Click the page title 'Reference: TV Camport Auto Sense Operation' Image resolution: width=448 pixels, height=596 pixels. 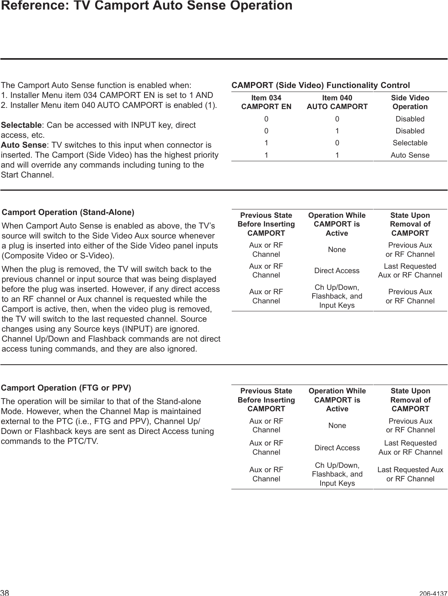[x=146, y=6]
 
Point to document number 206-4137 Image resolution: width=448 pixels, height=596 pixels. [x=433, y=593]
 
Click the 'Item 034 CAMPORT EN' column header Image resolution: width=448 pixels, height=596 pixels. [x=266, y=102]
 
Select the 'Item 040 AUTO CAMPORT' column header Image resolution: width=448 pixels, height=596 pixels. [x=337, y=102]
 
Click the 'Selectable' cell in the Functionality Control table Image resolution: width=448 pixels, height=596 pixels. [x=410, y=143]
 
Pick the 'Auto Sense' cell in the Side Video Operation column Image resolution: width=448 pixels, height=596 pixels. [x=410, y=155]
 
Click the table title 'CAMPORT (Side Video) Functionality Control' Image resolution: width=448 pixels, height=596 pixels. [x=321, y=86]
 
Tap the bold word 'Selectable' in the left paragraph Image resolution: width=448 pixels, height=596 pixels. [x=21, y=125]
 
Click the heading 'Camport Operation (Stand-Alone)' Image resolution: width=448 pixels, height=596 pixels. [x=68, y=212]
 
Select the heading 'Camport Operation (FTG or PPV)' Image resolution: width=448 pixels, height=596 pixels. [x=67, y=388]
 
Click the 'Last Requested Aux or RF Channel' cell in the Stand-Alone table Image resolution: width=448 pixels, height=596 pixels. [x=410, y=271]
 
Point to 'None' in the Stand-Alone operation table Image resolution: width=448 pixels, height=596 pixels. [x=337, y=250]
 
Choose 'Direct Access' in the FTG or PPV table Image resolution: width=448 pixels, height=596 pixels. [x=337, y=448]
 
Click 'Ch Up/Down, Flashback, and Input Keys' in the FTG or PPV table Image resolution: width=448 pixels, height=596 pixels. [x=337, y=474]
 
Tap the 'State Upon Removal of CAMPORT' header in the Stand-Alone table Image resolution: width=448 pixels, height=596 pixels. [x=410, y=224]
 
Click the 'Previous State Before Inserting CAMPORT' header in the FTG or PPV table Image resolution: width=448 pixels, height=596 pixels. [x=266, y=400]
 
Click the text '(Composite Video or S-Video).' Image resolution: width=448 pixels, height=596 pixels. [x=58, y=255]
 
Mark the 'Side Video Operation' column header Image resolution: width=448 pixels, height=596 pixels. [x=410, y=102]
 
